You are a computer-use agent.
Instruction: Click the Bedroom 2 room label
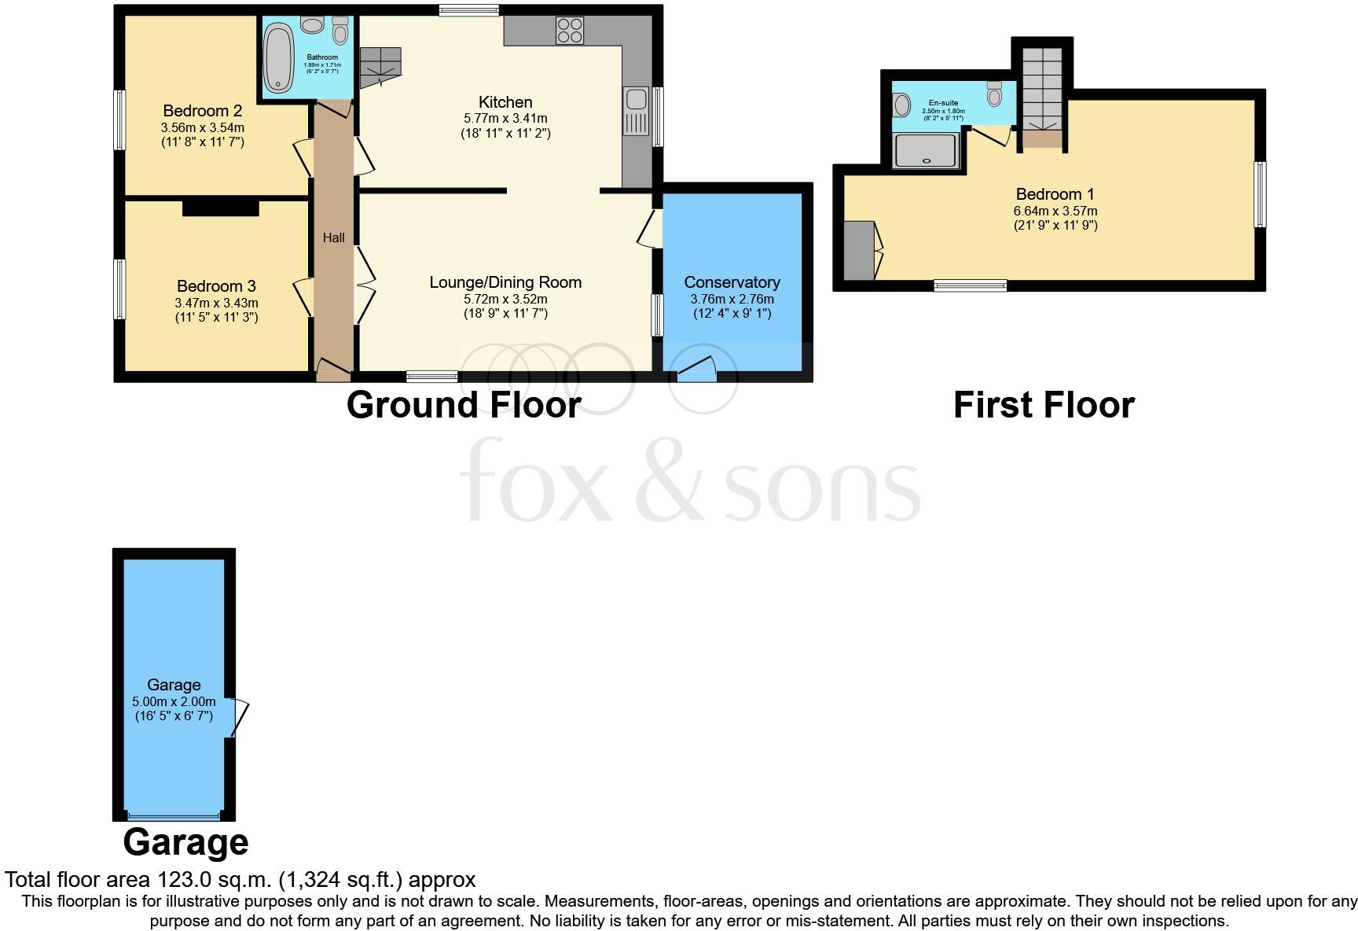coord(202,111)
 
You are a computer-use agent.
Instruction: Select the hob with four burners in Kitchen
coord(570,31)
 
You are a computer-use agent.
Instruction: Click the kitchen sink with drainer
coord(635,112)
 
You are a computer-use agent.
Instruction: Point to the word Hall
coord(333,237)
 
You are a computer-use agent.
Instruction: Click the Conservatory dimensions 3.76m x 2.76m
coord(732,299)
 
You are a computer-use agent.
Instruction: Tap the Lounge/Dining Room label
coord(505,282)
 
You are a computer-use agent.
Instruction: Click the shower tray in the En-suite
coord(927,150)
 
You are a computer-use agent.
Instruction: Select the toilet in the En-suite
coord(994,94)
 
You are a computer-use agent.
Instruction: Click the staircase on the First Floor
coord(1041,86)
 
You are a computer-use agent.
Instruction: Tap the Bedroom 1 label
coord(1055,194)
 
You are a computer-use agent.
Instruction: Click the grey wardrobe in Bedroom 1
coord(859,250)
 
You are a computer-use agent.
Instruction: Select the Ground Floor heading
coord(464,405)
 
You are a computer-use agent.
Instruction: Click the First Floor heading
coord(1044,405)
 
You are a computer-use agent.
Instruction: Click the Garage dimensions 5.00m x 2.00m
coord(174,701)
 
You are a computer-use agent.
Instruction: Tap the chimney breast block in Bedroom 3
coord(220,207)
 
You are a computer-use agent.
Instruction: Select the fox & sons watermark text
coord(689,481)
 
